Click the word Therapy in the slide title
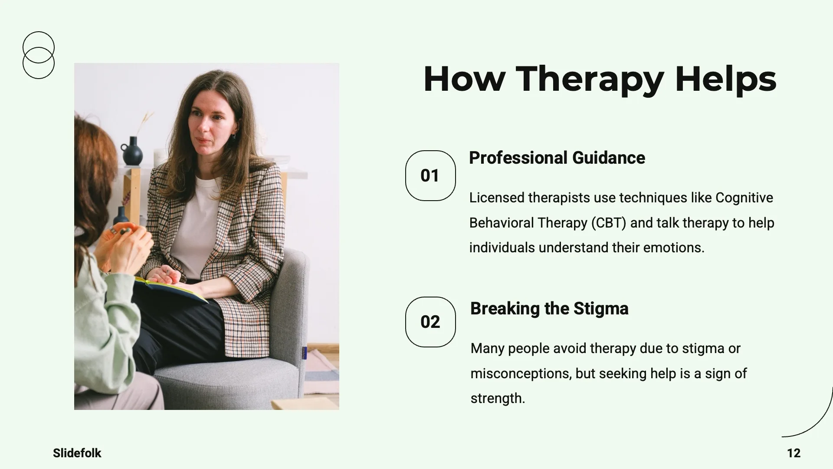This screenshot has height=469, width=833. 590,79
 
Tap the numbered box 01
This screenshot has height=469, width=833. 430,175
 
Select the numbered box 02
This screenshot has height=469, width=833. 430,322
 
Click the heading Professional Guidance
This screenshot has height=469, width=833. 557,158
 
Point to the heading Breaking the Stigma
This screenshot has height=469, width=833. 549,309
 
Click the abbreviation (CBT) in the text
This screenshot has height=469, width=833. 609,223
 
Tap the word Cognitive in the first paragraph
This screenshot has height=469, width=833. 744,198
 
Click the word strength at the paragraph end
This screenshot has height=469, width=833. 498,398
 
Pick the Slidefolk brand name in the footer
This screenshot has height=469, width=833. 77,453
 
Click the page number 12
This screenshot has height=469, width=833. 794,453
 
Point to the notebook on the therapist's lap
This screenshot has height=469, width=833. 171,290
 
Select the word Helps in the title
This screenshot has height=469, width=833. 725,79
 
